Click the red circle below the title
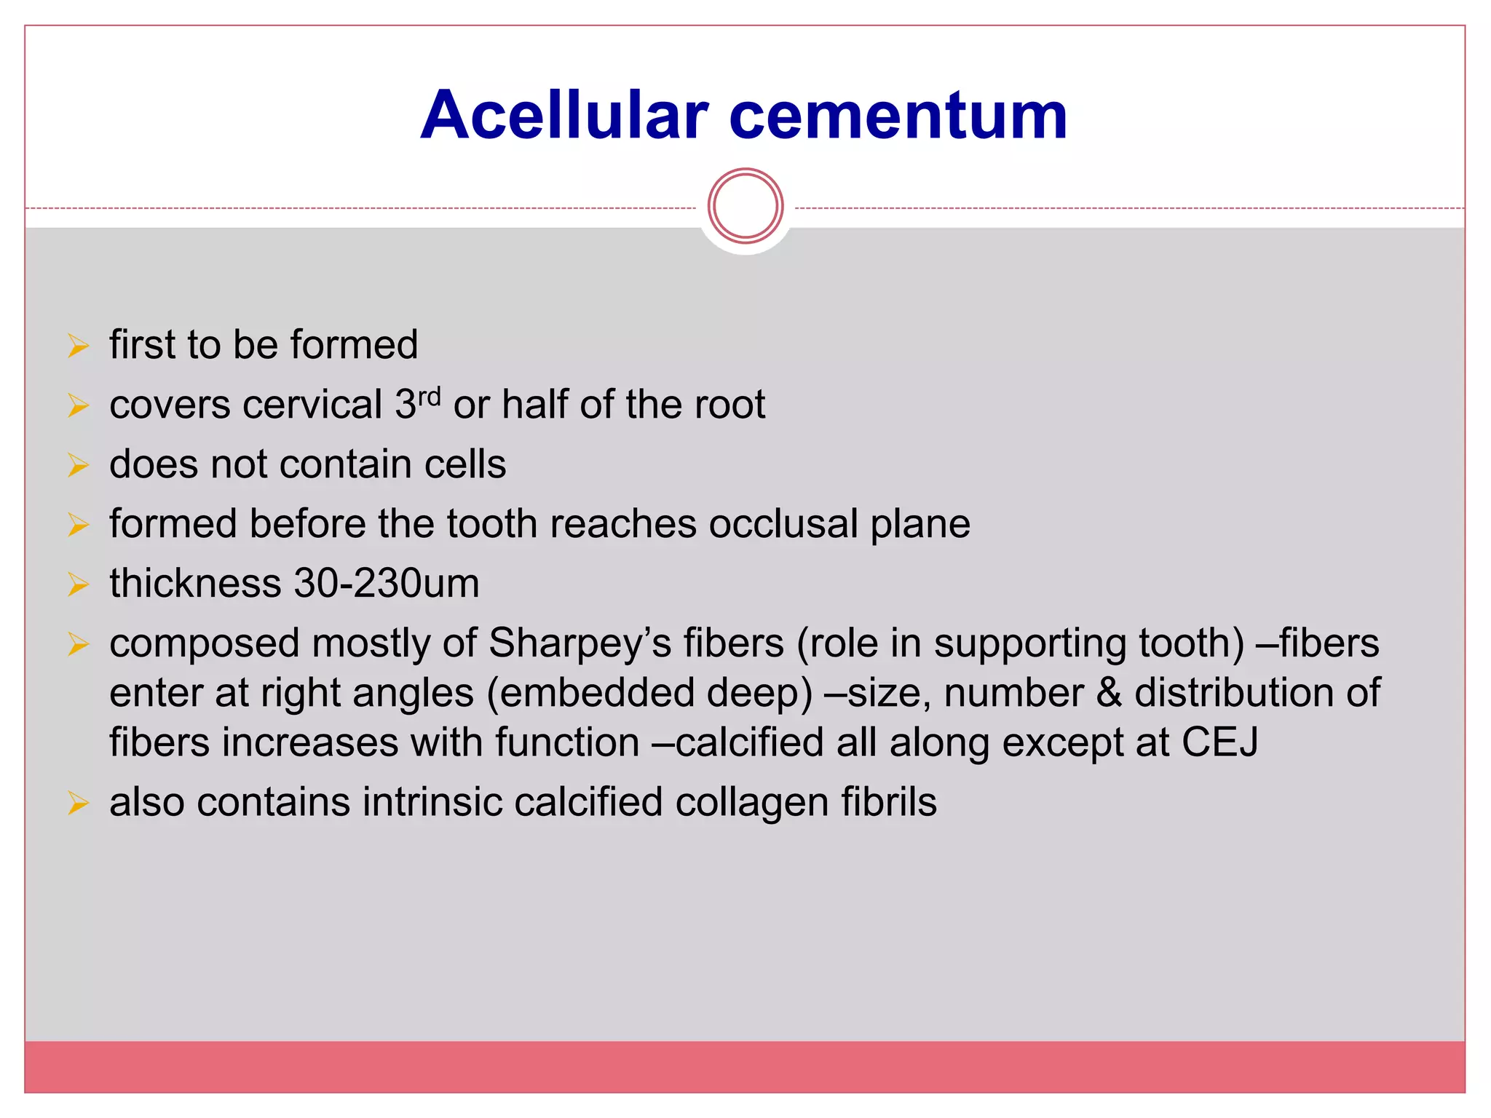[x=745, y=206]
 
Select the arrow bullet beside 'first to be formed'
[x=78, y=345]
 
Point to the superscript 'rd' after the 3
[x=430, y=397]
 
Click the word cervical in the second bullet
[x=312, y=405]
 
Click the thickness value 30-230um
[x=387, y=584]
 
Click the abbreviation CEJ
[x=1219, y=742]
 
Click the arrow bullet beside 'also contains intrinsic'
[x=78, y=803]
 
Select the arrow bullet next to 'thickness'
[x=78, y=584]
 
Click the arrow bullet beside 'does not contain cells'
[x=78, y=465]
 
